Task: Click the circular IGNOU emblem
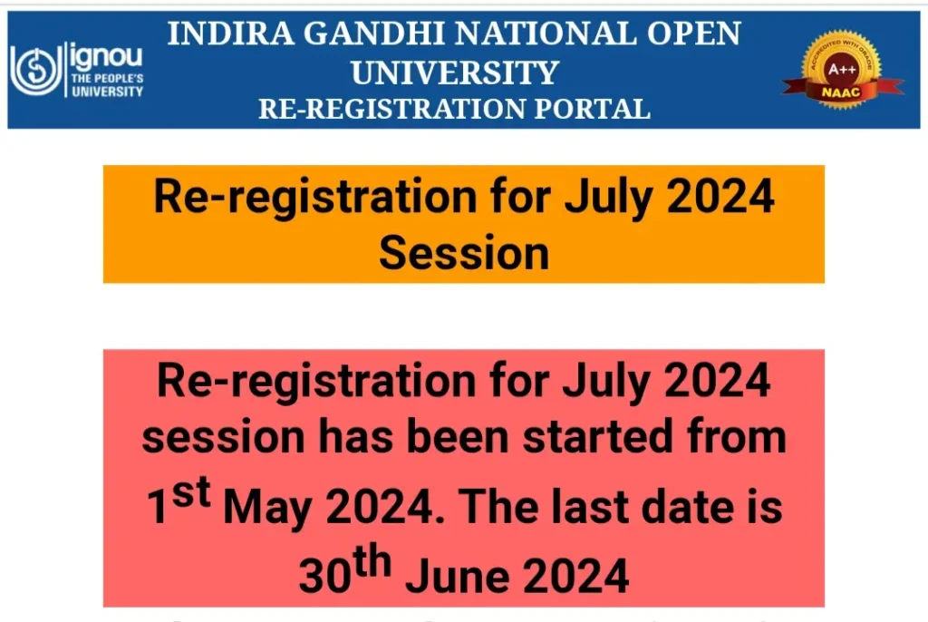click(36, 71)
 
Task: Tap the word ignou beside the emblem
click(107, 56)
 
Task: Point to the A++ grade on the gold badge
click(842, 69)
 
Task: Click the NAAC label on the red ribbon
click(840, 92)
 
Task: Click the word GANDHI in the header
click(374, 34)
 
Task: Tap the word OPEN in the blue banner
click(693, 34)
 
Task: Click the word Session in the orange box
click(464, 253)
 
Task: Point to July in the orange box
click(608, 198)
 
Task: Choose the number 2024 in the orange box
click(720, 196)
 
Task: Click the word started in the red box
click(597, 437)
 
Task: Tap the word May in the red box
click(267, 510)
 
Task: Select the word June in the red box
click(458, 576)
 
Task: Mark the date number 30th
click(345, 571)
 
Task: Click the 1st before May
click(179, 501)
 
